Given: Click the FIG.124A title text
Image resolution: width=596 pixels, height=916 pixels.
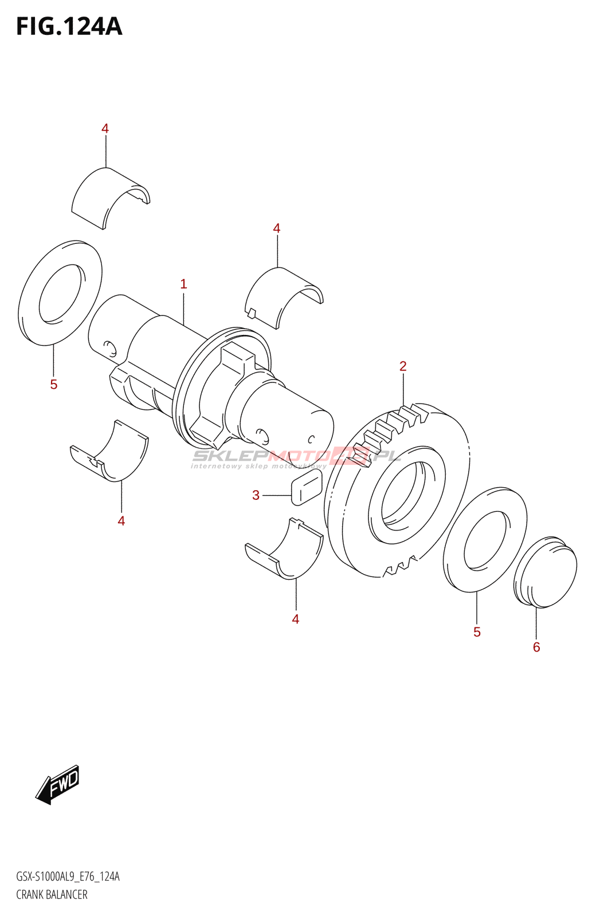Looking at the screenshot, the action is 69,26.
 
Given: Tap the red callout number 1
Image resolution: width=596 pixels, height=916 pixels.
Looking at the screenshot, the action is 183,283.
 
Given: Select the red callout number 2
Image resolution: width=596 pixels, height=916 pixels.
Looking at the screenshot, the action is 403,366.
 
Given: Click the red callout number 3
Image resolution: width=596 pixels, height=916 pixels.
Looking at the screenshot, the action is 256,495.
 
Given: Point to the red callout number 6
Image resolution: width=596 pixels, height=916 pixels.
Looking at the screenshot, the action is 536,647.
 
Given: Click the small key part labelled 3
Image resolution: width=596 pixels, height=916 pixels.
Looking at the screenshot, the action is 306,487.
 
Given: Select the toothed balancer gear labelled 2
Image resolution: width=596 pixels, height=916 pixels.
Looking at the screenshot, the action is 395,492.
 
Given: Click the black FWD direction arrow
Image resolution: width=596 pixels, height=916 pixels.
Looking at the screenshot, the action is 58,784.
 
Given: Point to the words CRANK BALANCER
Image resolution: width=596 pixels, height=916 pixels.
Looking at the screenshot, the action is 52,894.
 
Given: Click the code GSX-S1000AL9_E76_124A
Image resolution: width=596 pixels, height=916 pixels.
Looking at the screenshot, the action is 68,876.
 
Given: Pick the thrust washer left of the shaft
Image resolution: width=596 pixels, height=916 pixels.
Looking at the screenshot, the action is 60,293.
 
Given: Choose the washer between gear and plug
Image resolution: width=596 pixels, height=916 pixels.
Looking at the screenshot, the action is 485,539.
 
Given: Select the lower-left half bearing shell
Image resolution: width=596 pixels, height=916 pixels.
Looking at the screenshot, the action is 112,452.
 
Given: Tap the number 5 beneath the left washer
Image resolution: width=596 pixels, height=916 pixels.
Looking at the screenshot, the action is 54,384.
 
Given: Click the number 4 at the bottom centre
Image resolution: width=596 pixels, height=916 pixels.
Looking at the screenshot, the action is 296,619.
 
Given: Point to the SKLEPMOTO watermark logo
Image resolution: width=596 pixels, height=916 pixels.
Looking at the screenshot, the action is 295,457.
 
